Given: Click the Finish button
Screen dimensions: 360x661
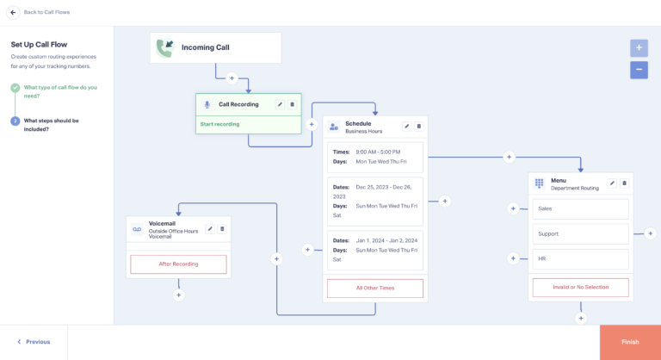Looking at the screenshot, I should (x=630, y=342).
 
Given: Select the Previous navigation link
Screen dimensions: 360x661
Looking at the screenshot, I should (x=34, y=342).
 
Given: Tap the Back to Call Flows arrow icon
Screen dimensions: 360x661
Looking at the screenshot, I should (x=13, y=12).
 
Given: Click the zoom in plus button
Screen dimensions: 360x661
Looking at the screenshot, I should (x=639, y=48).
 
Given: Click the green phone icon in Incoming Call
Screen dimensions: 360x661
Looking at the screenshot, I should (x=165, y=48).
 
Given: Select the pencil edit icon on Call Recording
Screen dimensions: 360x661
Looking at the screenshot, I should (x=280, y=104).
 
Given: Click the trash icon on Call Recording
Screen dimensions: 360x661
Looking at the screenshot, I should (x=292, y=104).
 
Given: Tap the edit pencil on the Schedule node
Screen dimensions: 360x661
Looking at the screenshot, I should (x=407, y=127).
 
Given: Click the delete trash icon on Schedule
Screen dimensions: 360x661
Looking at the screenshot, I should (x=419, y=127).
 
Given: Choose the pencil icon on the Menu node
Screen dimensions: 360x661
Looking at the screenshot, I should (x=612, y=183).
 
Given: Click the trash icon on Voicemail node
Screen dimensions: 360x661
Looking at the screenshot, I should (x=222, y=228).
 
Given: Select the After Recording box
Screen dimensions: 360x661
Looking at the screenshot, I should (x=178, y=264).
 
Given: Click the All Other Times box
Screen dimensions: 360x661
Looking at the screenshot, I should (x=374, y=288).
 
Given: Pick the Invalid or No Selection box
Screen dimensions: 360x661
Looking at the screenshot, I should (x=580, y=287).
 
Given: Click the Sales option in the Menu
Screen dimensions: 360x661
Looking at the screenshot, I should (x=580, y=208).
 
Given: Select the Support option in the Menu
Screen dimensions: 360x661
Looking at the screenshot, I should (x=580, y=233).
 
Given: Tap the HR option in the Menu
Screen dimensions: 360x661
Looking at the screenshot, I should (x=580, y=258).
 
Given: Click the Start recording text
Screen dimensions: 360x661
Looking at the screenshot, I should (x=220, y=124).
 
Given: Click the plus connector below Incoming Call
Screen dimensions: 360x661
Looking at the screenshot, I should (x=232, y=78).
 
